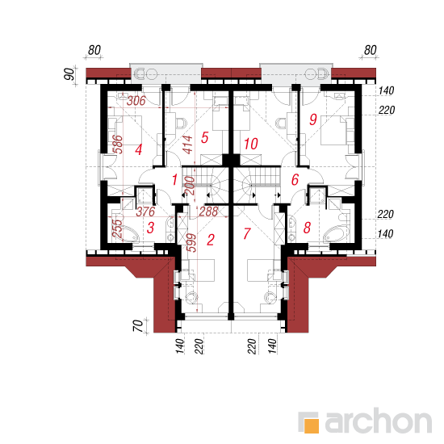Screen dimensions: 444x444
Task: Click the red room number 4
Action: tap(139, 149)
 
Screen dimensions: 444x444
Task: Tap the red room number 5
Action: tap(205, 137)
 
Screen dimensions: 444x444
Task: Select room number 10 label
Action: tap(251, 144)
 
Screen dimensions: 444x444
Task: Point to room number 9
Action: tap(313, 119)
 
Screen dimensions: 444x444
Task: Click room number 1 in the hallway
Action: tap(174, 179)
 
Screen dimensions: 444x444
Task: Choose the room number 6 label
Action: tap(295, 179)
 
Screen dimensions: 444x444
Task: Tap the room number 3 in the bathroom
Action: tap(151, 228)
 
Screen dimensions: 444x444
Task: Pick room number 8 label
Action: tap(308, 228)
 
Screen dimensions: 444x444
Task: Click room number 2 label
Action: tap(211, 240)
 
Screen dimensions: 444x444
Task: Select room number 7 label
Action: tap(247, 233)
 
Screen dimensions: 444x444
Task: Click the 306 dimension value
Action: tap(136, 101)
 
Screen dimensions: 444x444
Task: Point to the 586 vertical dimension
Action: tap(118, 145)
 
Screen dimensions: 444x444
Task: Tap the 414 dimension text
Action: tap(187, 145)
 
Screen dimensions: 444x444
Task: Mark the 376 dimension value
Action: tap(145, 212)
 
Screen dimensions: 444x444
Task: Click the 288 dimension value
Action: tap(209, 212)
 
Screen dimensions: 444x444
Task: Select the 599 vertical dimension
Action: tap(191, 243)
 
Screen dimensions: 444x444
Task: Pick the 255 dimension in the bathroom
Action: tap(117, 228)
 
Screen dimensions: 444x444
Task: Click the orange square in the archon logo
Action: tap(312, 425)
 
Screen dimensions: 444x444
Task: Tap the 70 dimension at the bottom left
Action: tap(138, 325)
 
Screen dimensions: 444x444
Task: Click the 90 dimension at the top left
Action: tap(69, 74)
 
